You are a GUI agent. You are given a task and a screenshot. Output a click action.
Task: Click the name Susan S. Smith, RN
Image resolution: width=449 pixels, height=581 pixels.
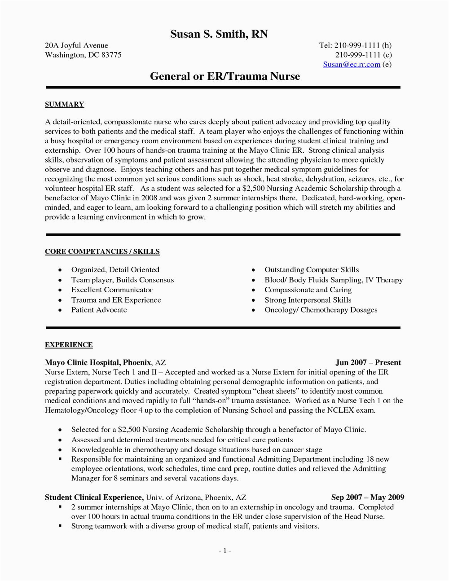coord(219,34)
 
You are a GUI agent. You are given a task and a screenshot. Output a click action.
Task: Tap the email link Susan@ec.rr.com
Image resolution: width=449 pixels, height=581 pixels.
coord(352,64)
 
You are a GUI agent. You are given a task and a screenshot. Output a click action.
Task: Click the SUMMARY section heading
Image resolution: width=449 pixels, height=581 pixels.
coord(64,105)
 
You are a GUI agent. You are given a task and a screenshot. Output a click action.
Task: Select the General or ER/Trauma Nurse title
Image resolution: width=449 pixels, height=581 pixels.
coord(224,76)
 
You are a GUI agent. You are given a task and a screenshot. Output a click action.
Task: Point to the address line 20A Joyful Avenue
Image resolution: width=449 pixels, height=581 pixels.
coord(76,45)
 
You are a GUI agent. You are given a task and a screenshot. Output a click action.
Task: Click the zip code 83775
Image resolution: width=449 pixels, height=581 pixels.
coord(110,55)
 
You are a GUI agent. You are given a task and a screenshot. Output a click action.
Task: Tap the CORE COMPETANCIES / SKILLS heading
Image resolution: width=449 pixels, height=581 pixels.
coord(102,251)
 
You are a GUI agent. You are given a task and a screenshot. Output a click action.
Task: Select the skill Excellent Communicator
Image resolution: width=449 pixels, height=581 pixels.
coord(112,290)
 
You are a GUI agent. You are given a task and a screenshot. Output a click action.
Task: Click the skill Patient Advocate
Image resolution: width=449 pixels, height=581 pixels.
coord(99,310)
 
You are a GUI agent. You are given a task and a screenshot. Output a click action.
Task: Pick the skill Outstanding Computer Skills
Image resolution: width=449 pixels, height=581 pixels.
coord(312,270)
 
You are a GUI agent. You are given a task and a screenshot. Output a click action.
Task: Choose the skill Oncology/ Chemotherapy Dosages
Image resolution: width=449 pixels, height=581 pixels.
coord(321,310)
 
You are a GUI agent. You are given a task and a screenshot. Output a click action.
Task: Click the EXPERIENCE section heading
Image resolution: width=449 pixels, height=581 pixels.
coord(69,345)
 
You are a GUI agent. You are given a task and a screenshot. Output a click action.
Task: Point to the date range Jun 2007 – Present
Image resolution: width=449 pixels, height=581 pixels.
coord(368,362)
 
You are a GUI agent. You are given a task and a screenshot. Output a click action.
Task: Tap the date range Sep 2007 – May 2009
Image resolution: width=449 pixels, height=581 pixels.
coord(367,497)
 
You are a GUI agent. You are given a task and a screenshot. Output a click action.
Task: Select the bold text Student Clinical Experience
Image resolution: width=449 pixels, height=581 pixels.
coord(94,497)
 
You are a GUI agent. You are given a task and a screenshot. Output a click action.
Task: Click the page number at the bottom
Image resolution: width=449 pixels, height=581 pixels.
coord(224,551)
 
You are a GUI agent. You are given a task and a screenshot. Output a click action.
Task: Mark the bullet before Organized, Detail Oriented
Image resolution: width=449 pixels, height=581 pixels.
coord(60,270)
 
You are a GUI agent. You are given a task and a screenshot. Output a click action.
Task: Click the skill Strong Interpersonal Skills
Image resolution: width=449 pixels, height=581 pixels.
coord(308,300)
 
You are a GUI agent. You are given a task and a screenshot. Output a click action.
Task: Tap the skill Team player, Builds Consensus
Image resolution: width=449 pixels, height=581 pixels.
coord(122,280)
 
